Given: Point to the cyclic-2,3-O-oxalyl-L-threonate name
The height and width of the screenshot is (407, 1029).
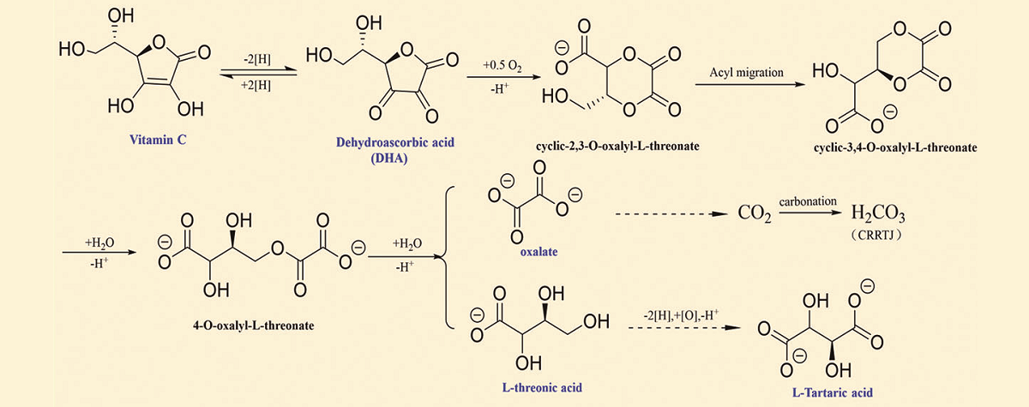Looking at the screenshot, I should tap(615, 147).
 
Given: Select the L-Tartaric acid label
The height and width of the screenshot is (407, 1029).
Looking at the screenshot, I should tap(832, 392).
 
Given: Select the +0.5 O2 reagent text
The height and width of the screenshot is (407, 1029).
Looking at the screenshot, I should tap(502, 64).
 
